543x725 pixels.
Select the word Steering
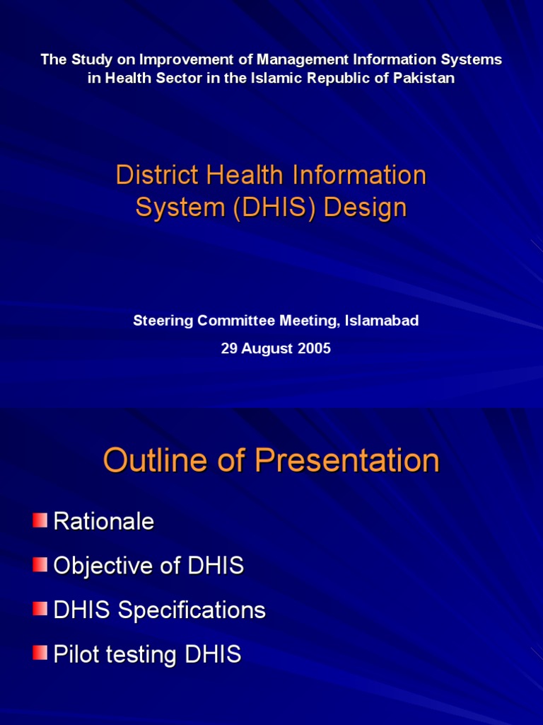point(163,321)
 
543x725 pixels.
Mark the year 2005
point(314,349)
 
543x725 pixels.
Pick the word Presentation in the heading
point(346,461)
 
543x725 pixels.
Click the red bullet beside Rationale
point(40,521)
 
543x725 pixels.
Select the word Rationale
point(104,523)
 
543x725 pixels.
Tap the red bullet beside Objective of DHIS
point(40,565)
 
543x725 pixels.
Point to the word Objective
point(103,566)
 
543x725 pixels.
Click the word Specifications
point(192,611)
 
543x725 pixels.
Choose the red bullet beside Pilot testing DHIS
point(40,653)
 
